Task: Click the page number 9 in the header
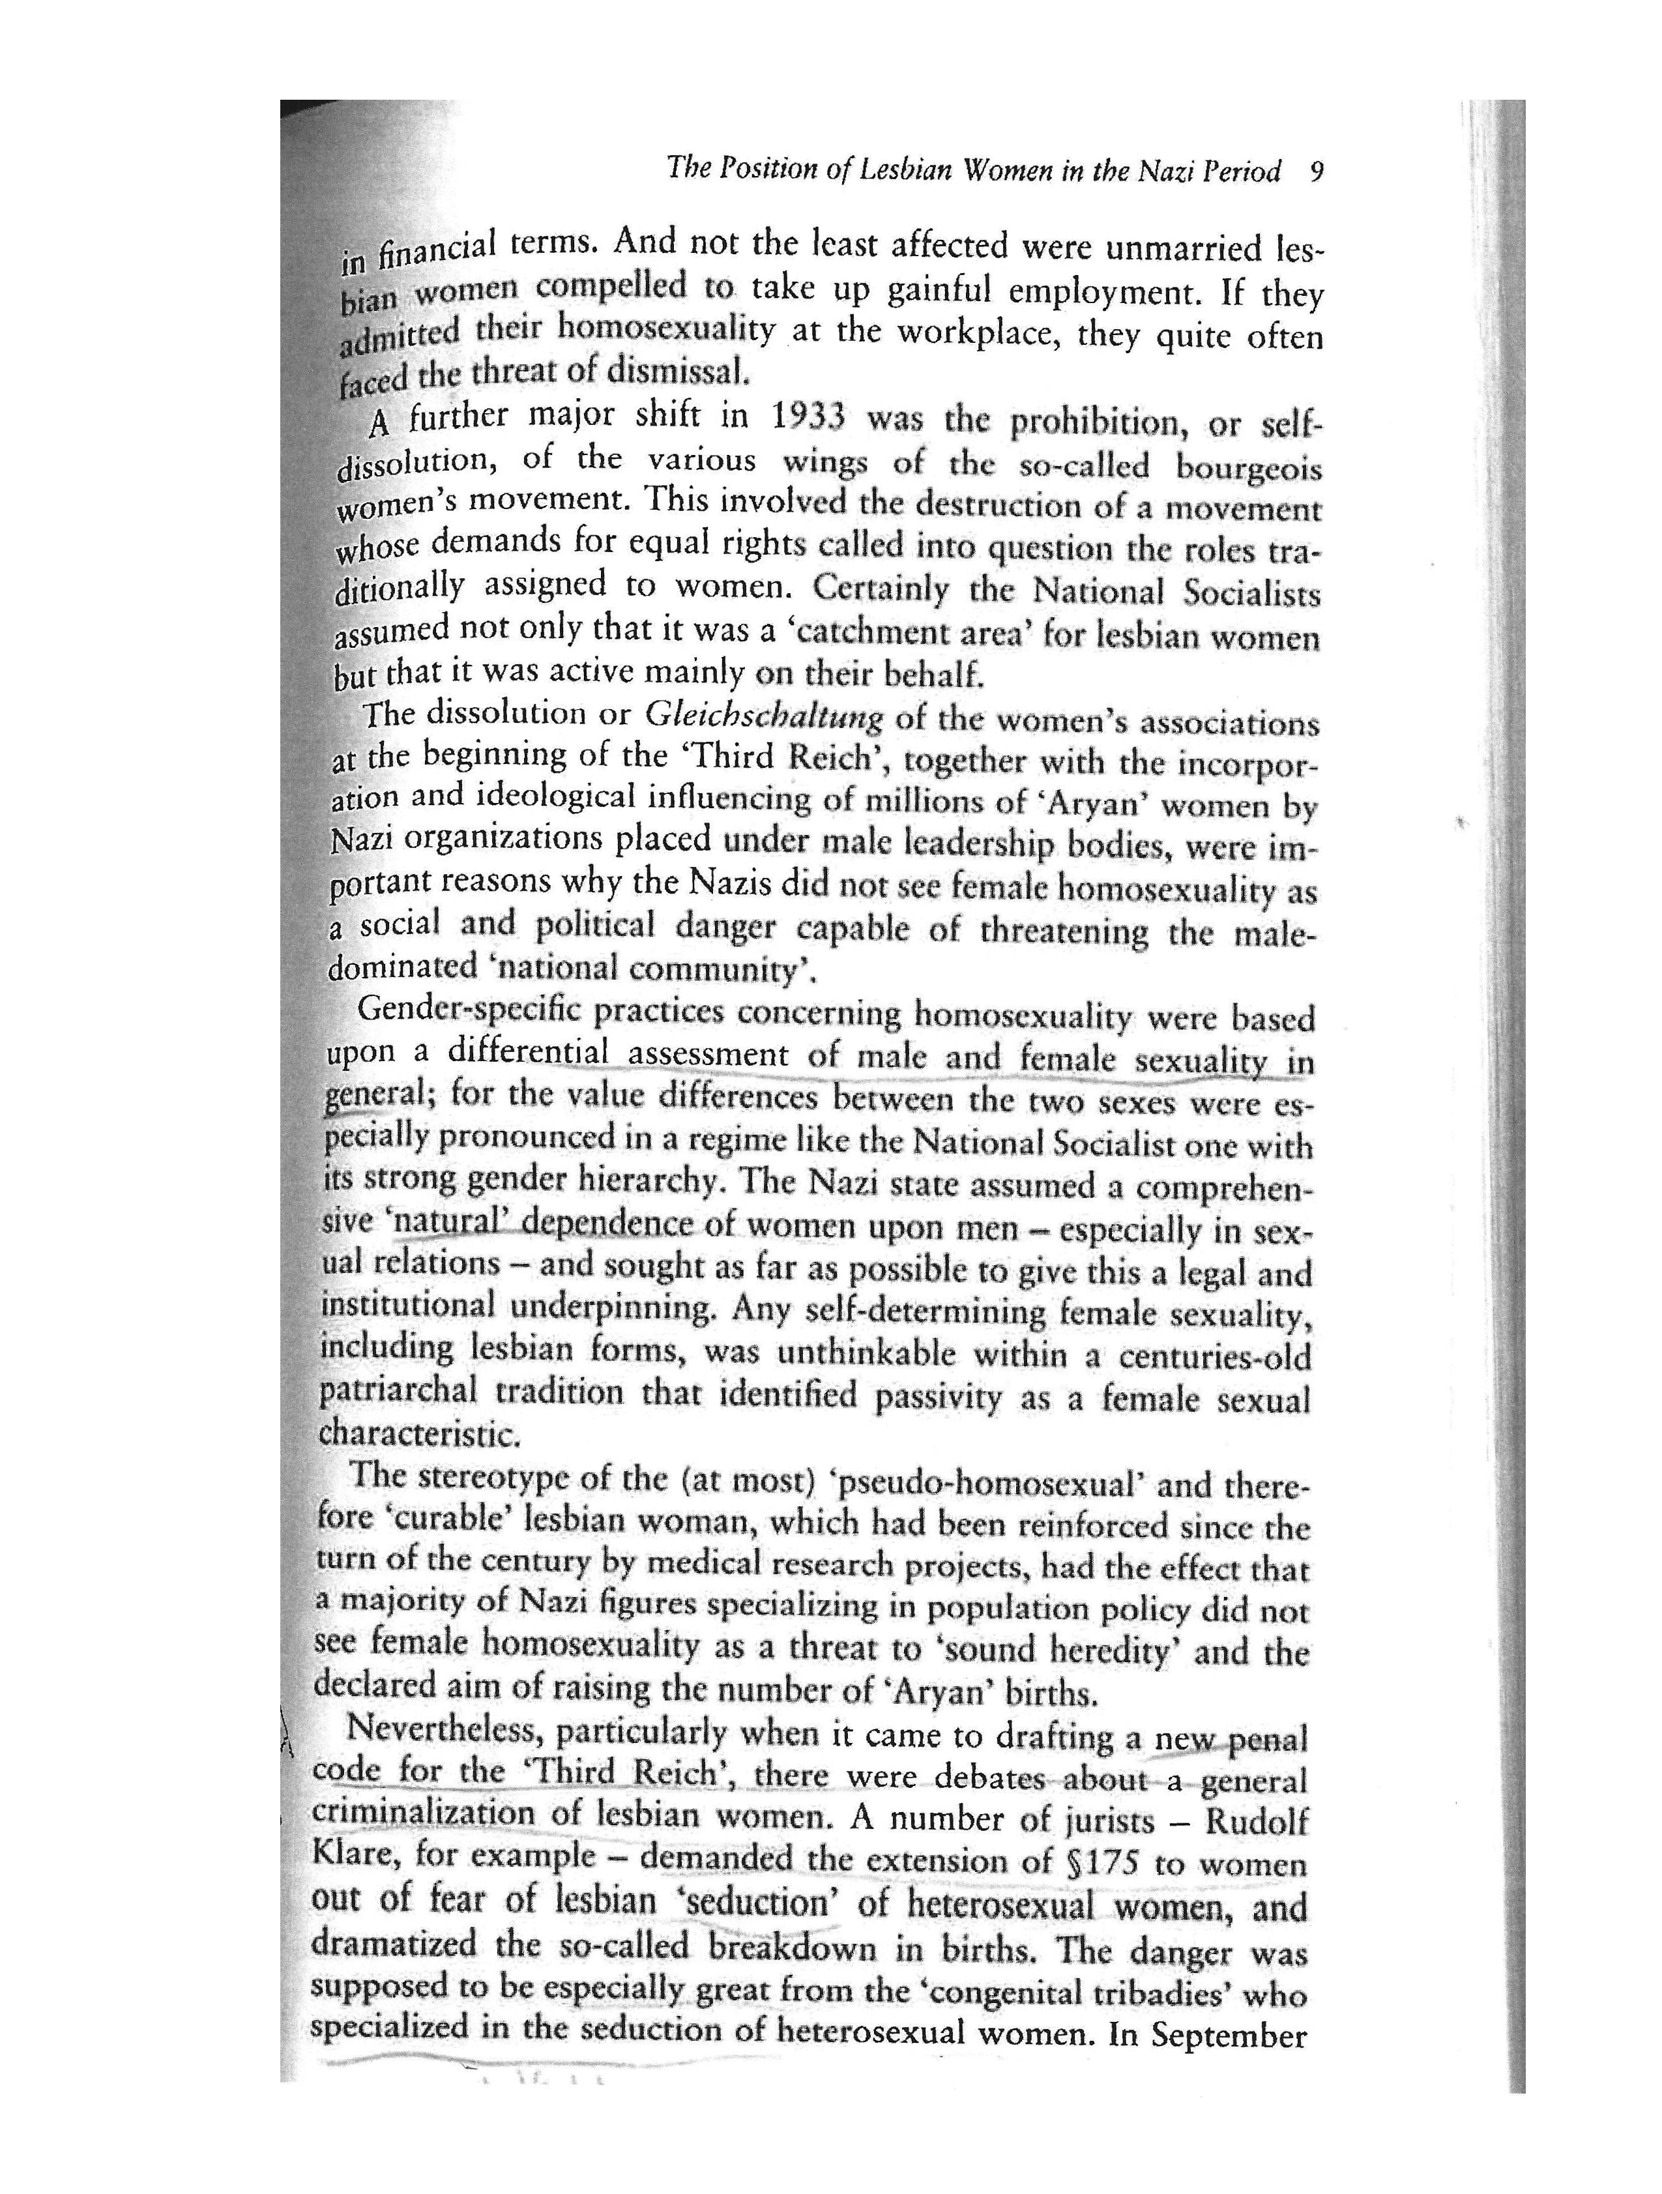tap(1316, 173)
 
